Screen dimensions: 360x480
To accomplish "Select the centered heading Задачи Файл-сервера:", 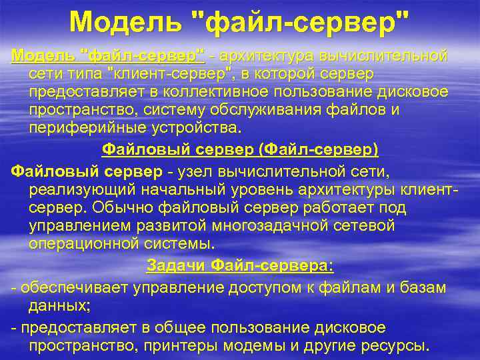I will pos(239,265).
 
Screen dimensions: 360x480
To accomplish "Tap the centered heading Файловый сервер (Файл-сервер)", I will pos(239,148).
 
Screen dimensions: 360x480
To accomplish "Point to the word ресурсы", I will pos(400,346).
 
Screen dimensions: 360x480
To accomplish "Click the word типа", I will pos(82,73).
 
